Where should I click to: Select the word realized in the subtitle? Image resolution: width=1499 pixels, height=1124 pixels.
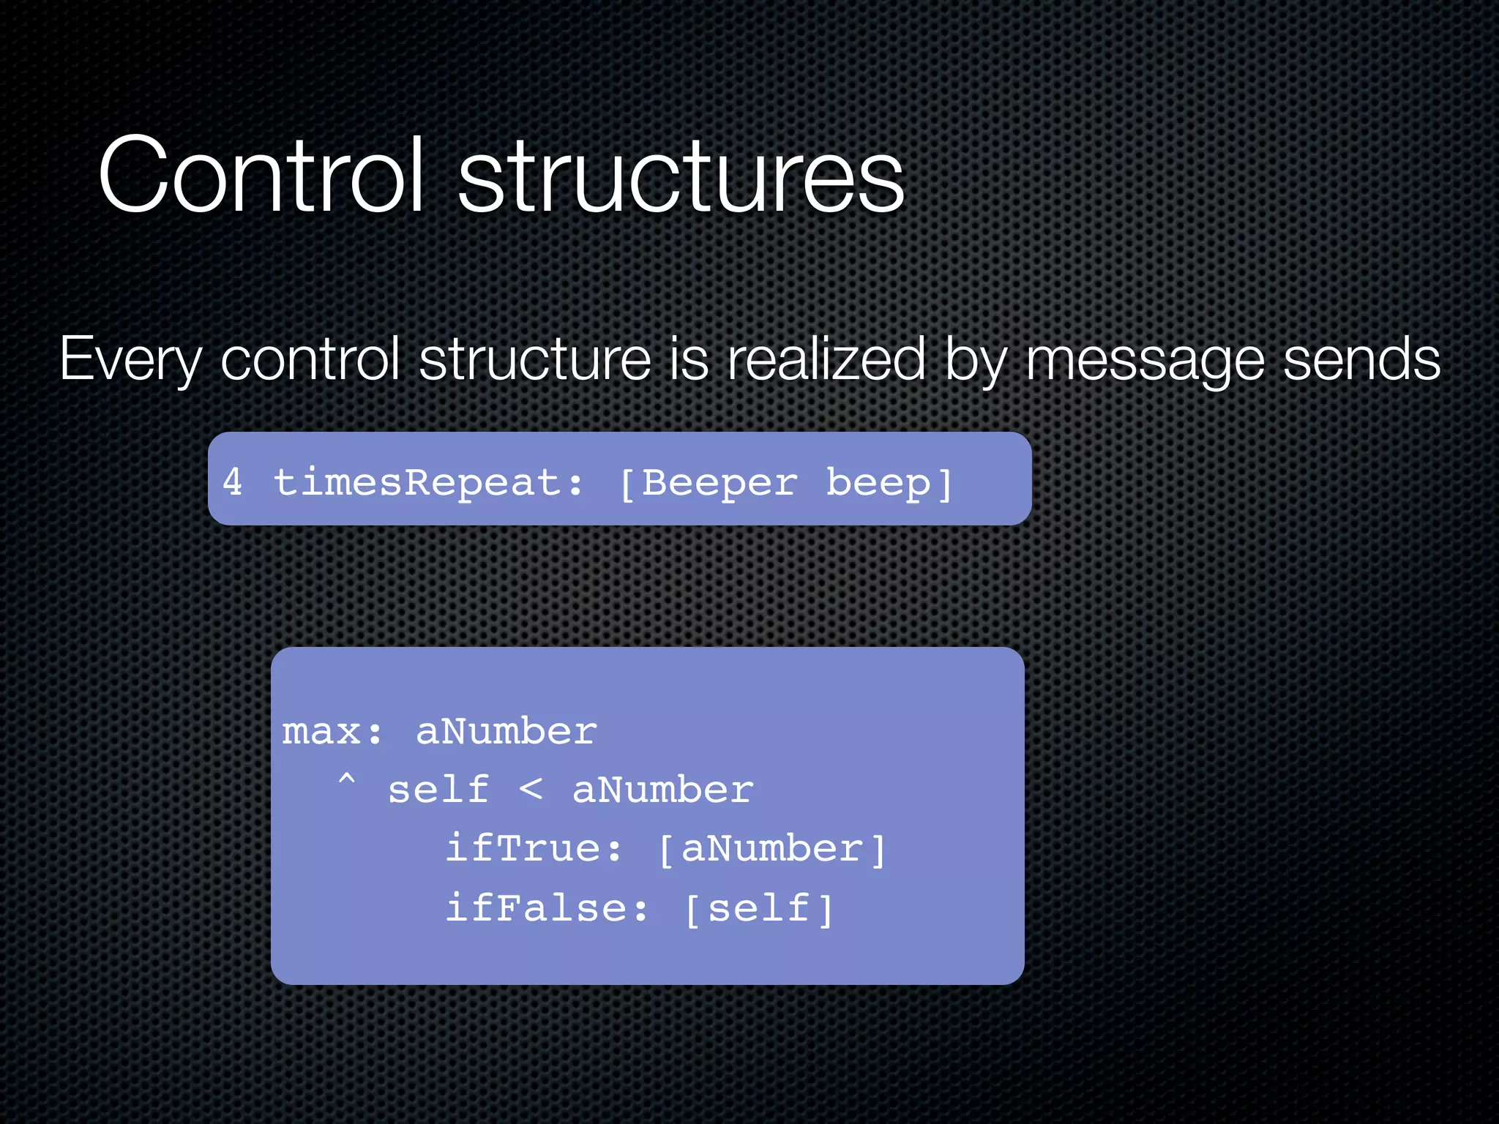coord(826,359)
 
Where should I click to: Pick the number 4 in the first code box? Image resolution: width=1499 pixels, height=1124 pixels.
coord(233,482)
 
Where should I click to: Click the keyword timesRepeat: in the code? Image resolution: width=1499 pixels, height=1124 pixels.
coord(429,483)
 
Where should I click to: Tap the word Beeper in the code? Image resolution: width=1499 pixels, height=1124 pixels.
coord(719,484)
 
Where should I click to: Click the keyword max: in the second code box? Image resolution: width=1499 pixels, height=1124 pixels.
coord(332,732)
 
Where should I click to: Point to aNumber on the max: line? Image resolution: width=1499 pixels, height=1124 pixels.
coord(506,732)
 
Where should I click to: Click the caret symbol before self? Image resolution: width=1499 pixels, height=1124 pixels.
coord(347,782)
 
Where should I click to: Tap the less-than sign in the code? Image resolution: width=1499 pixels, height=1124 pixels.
coord(531,790)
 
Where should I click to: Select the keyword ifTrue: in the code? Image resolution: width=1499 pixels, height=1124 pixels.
coord(534,849)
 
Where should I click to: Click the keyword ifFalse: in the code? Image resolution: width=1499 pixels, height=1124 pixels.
coord(547,908)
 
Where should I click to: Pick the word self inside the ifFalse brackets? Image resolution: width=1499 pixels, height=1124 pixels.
coord(759,908)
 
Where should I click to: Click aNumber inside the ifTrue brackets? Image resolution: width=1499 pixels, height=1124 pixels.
coord(772,849)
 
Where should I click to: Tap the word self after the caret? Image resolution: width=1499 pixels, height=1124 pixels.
coord(438,790)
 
